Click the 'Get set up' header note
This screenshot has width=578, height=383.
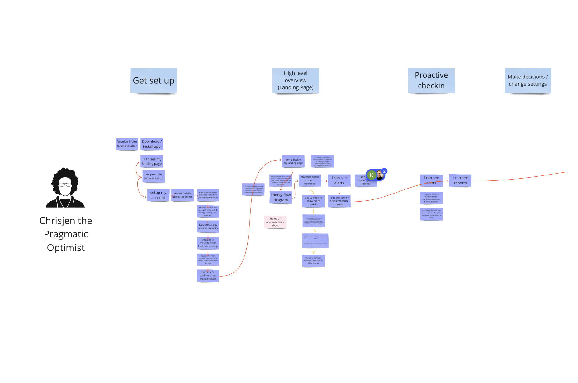[x=154, y=81]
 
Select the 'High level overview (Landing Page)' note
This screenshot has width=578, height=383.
[x=296, y=81]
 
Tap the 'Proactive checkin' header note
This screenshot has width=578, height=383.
[x=431, y=81]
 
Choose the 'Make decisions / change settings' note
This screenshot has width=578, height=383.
[x=528, y=81]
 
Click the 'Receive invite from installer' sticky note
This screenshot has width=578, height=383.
[x=127, y=144]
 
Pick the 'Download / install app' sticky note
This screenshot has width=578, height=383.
[x=152, y=144]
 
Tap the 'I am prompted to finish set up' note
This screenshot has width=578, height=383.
[x=154, y=176]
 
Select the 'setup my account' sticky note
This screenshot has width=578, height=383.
[x=158, y=195]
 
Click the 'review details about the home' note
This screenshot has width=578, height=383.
[x=182, y=195]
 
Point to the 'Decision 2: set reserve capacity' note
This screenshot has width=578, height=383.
[x=208, y=227]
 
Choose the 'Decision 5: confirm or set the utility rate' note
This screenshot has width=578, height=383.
[x=208, y=276]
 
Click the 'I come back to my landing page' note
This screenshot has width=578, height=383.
[x=293, y=161]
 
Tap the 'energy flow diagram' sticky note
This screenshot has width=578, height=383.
[x=281, y=198]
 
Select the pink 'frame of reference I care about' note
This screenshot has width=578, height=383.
[x=275, y=222]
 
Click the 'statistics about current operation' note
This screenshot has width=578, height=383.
[x=310, y=180]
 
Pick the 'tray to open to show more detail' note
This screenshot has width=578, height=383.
[x=313, y=201]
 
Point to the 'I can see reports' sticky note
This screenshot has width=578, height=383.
[x=460, y=180]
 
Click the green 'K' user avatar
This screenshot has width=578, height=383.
[x=372, y=175]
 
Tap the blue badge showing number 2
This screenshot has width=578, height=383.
[x=385, y=171]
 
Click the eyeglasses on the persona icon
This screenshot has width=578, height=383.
[x=65, y=184]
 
